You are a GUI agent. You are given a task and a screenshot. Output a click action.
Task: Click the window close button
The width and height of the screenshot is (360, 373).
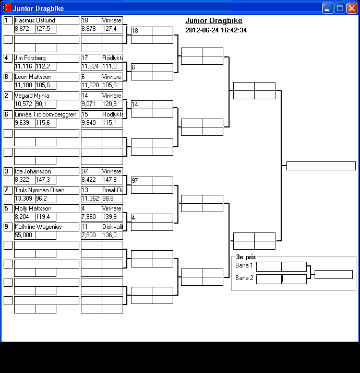pyautogui.click(x=352, y=8)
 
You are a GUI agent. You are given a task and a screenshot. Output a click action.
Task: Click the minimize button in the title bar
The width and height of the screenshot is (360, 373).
pyautogui.click(x=328, y=8)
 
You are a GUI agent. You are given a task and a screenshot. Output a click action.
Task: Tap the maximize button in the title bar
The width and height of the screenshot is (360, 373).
pyautogui.click(x=340, y=8)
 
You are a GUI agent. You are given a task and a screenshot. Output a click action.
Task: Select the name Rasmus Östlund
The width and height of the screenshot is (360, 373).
pyautogui.click(x=34, y=20)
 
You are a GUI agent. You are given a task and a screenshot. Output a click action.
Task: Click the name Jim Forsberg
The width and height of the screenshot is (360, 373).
pyautogui.click(x=30, y=58)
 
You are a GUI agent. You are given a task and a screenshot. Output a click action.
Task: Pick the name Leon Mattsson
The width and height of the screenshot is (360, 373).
pyautogui.click(x=33, y=77)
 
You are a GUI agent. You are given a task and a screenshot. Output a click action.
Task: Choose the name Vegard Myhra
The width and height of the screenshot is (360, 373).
pyautogui.click(x=32, y=96)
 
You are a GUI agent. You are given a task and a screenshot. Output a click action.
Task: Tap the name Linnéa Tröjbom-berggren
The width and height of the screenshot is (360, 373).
pyautogui.click(x=46, y=114)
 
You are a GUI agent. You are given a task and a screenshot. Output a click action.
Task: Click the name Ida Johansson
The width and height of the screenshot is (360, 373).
pyautogui.click(x=33, y=171)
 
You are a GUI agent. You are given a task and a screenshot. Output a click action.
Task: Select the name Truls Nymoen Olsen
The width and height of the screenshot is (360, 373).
pyautogui.click(x=40, y=190)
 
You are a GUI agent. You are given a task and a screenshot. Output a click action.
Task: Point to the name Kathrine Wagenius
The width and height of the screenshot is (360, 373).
pyautogui.click(x=38, y=227)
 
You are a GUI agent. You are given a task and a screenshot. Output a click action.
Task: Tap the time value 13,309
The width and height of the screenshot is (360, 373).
pyautogui.click(x=23, y=199)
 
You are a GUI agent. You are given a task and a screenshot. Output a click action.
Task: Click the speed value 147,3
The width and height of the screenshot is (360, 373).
pyautogui.click(x=43, y=180)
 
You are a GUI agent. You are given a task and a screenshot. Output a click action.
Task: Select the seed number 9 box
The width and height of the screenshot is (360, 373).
pyautogui.click(x=8, y=227)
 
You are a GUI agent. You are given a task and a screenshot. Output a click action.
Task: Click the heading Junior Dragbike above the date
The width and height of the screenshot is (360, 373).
pyautogui.click(x=213, y=21)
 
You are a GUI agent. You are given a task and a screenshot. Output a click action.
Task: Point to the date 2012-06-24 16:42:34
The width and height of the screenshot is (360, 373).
pyautogui.click(x=216, y=30)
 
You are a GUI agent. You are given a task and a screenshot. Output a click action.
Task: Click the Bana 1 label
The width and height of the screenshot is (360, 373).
pyautogui.click(x=244, y=265)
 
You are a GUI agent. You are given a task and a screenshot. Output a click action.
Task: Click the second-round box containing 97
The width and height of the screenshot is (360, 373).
pyautogui.click(x=141, y=180)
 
